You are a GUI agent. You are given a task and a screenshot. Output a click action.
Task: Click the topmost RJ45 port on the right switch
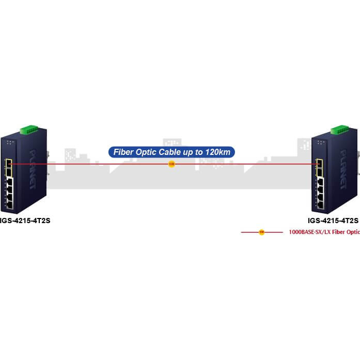tap(320, 182)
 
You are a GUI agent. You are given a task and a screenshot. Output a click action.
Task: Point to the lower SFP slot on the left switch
tap(9, 172)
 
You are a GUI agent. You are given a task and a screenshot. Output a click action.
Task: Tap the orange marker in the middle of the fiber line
tap(171, 164)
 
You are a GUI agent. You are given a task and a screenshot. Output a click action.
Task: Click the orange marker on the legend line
tap(262, 232)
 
